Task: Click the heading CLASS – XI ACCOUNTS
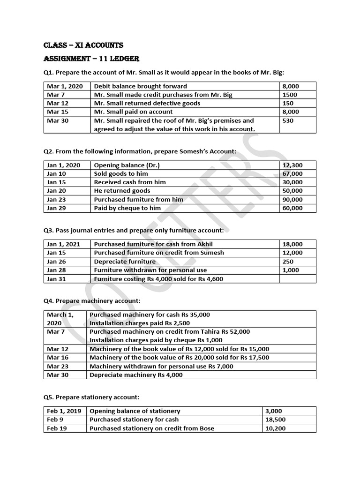tap(83, 45)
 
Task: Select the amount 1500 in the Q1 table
tap(289, 95)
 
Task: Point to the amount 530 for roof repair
tap(288, 120)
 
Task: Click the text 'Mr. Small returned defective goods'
tap(147, 103)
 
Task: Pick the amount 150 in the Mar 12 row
tap(287, 103)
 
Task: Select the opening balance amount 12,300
tap(292, 165)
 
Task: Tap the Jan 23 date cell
tap(57, 199)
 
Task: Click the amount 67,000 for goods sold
tap(292, 173)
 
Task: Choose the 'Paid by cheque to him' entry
tap(127, 208)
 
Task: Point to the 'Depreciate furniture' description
tap(125, 262)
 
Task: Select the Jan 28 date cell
tap(57, 270)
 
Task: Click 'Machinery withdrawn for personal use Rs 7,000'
tap(161, 366)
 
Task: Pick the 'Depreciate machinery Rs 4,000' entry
tap(136, 375)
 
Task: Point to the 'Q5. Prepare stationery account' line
tap(91, 397)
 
